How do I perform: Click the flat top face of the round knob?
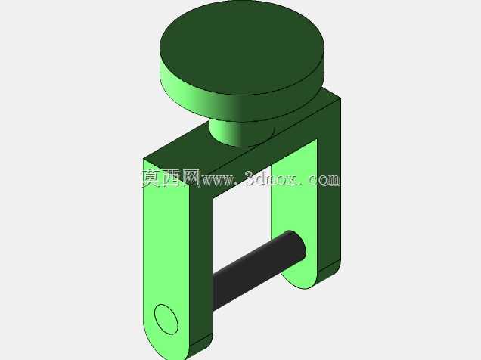click(242, 48)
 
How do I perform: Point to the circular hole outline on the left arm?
click(166, 319)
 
